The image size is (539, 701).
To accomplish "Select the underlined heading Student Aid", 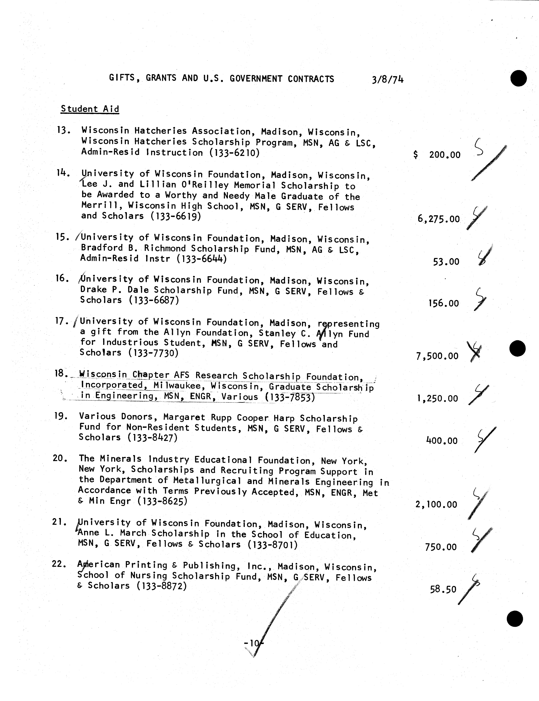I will click(x=90, y=109).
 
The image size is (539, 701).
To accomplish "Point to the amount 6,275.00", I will click(x=439, y=219).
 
